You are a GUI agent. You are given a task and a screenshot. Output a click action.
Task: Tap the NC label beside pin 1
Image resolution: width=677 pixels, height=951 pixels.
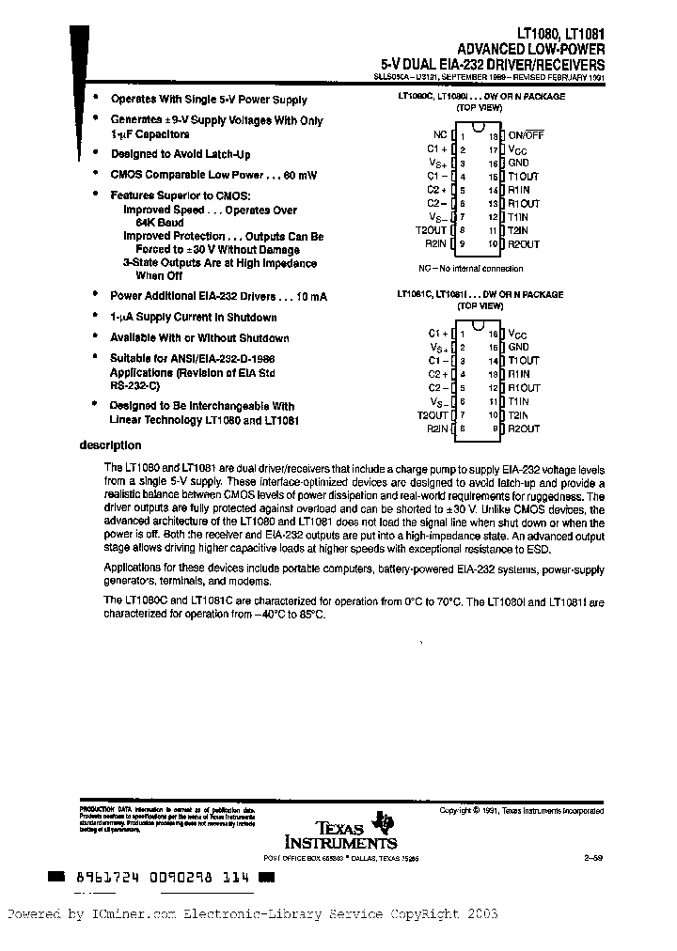[440, 134]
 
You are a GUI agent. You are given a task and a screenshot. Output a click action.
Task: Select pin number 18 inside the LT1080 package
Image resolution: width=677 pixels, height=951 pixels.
[492, 134]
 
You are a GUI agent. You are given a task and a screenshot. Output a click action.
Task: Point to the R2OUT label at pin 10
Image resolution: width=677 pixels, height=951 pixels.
[524, 244]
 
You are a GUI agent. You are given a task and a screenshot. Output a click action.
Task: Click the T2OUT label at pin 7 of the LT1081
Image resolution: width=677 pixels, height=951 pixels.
[432, 414]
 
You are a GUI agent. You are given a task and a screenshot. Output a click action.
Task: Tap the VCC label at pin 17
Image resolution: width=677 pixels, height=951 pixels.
[518, 148]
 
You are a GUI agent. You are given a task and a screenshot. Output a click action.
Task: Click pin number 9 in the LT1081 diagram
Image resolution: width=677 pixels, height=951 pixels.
[492, 429]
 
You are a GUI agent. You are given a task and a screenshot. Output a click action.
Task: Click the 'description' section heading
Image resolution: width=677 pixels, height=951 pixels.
[110, 445]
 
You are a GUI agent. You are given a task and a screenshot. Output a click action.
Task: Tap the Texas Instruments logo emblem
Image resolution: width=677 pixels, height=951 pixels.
[383, 821]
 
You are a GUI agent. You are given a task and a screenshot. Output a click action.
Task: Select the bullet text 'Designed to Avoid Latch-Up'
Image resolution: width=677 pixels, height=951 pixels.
[181, 153]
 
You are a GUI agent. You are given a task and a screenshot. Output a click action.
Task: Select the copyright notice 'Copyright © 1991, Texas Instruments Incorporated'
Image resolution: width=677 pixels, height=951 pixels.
[522, 810]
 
